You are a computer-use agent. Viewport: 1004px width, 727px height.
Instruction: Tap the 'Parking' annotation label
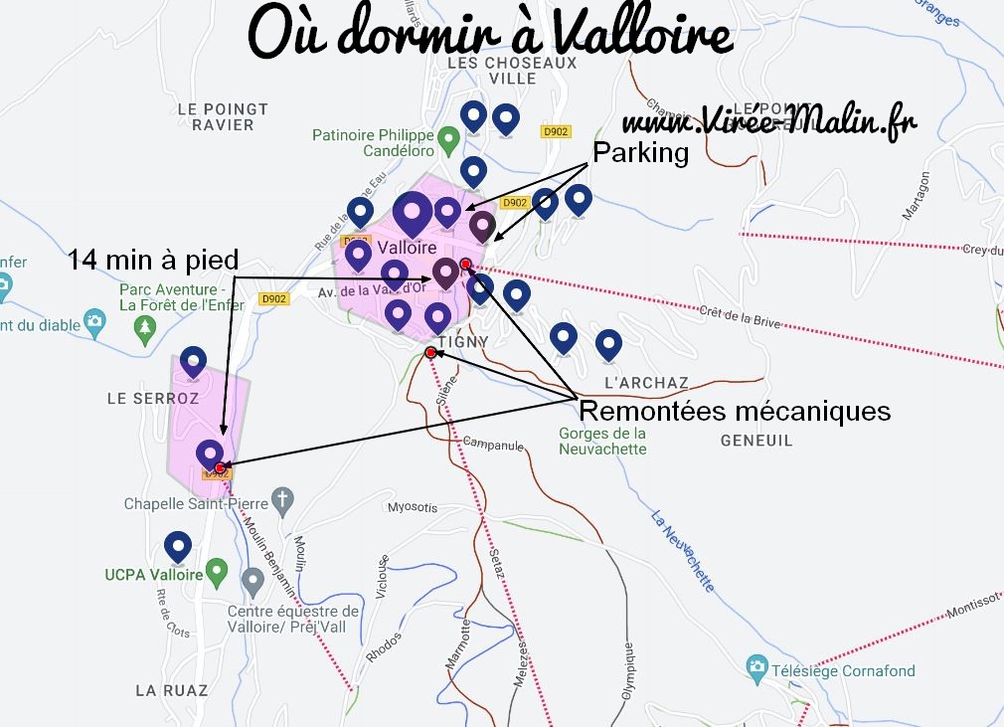tap(640, 153)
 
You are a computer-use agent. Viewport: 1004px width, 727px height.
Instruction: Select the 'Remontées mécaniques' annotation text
tap(734, 410)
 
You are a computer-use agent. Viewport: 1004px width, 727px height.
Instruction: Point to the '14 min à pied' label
tap(153, 261)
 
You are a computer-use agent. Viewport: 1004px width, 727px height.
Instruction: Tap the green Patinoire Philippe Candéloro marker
tap(448, 137)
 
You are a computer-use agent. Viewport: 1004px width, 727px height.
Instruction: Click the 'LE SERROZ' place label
tap(153, 398)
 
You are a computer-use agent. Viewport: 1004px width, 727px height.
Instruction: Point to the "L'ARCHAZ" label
tap(646, 383)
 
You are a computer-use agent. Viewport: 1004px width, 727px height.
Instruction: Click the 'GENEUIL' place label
tap(756, 440)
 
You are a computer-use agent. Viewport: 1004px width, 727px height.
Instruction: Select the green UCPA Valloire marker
tap(218, 574)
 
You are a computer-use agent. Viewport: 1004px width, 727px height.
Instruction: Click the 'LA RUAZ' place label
tap(172, 689)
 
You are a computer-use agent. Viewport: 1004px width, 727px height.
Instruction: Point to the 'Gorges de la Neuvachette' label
tap(602, 441)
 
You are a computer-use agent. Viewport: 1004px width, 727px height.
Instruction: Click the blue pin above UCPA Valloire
tap(177, 546)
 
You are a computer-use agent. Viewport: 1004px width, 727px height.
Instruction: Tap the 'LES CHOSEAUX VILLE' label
tap(512, 70)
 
